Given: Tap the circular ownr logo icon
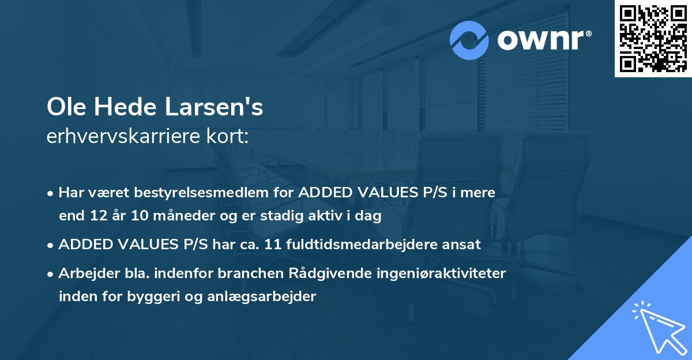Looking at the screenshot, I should tap(470, 40).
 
